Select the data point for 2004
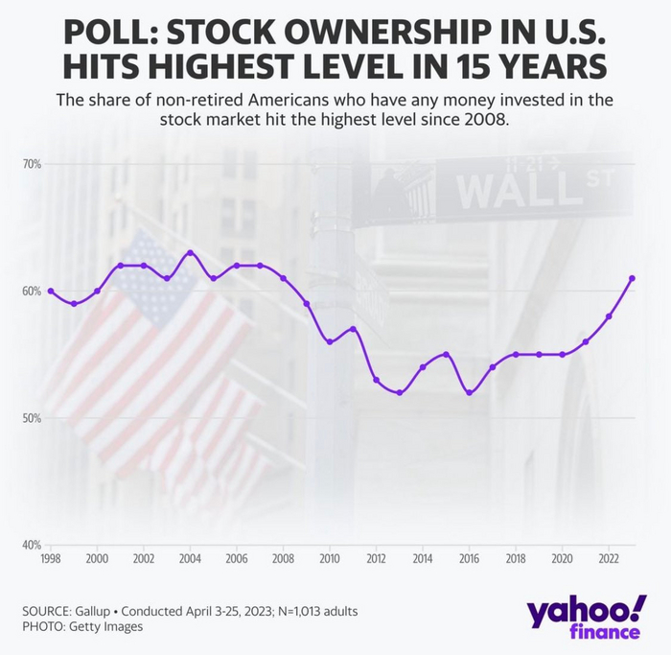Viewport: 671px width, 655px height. point(190,252)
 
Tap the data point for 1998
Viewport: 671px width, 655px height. point(50,291)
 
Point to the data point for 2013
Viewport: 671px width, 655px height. point(400,392)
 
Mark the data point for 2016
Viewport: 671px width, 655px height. point(469,392)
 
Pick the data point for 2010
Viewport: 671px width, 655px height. point(330,341)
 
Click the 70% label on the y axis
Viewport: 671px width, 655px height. point(32,164)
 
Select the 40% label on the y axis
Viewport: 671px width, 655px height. point(32,545)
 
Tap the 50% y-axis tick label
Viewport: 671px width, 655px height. point(32,418)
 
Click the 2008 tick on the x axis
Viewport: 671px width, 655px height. point(283,558)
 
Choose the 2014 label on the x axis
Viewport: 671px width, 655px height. point(423,558)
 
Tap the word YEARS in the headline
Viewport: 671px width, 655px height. point(557,69)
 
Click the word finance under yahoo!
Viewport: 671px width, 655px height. point(606,632)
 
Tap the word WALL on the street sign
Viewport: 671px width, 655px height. point(503,190)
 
